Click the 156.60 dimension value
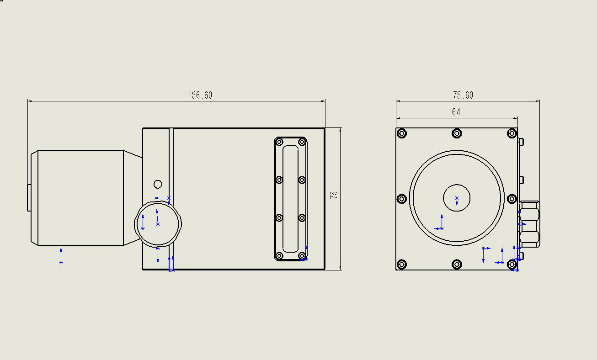[200, 95]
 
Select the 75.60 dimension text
[463, 95]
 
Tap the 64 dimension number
[456, 112]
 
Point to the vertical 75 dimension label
[334, 195]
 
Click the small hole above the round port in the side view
[158, 184]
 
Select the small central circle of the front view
[457, 198]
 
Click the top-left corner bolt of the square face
[402, 133]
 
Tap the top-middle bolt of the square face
[457, 133]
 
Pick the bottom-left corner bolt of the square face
[402, 265]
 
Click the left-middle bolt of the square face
[402, 199]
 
